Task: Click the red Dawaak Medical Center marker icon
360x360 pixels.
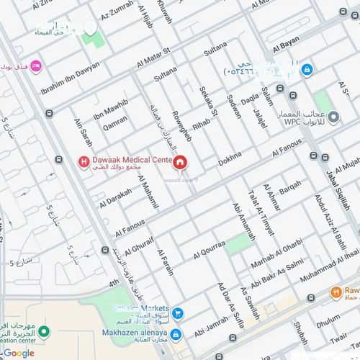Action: (84, 161)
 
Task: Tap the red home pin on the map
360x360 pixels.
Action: (179, 162)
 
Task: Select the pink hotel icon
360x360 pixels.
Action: (37, 66)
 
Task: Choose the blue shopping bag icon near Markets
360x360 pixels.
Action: (177, 313)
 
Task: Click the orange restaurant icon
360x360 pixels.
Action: (335, 292)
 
